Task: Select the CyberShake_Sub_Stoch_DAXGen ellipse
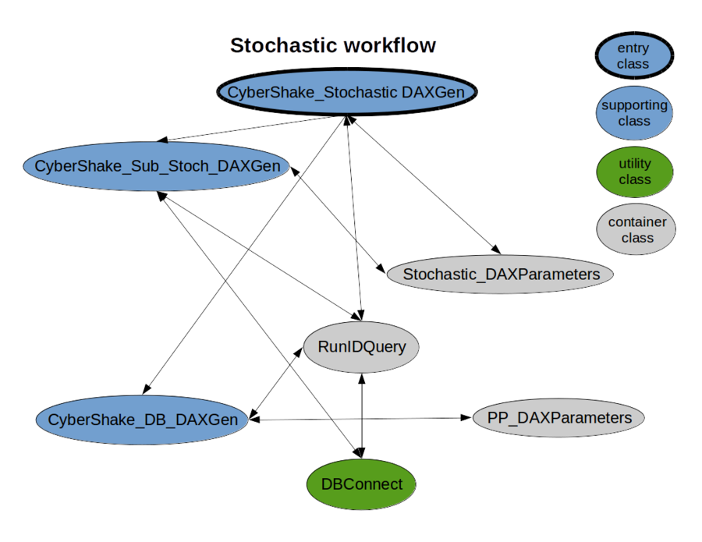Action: [157, 166]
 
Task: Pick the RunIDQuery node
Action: [362, 345]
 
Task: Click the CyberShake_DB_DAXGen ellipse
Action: [143, 420]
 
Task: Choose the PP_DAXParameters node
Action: [559, 418]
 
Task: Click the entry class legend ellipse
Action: [633, 56]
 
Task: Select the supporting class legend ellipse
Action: [634, 113]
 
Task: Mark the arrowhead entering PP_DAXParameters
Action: [466, 418]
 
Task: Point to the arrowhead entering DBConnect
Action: [359, 453]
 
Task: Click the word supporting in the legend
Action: [634, 105]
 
